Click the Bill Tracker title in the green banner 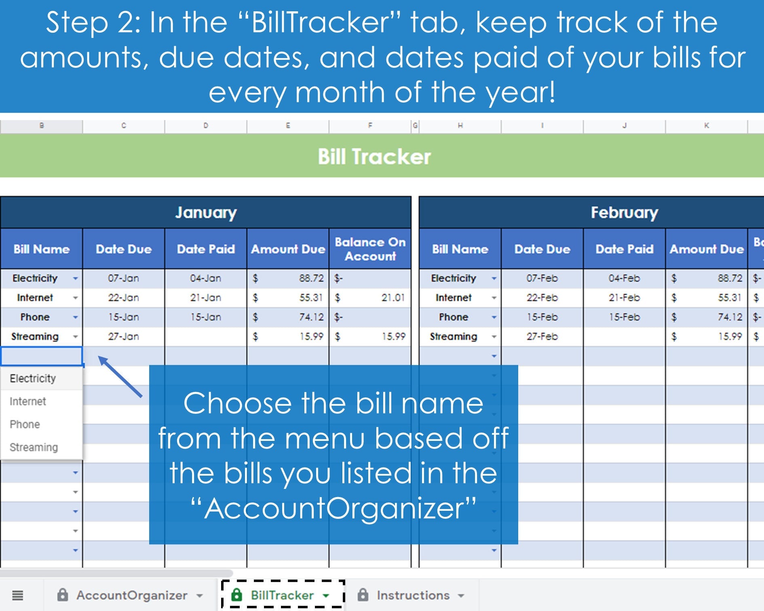click(374, 156)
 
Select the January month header click(206, 212)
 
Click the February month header click(625, 212)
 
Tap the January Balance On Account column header click(370, 249)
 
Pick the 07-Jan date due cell click(123, 278)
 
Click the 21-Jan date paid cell click(206, 297)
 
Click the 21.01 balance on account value click(393, 297)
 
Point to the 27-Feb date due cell click(542, 336)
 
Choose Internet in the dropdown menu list click(28, 401)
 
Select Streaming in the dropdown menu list click(34, 447)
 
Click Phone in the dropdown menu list click(25, 424)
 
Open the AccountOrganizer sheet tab click(131, 595)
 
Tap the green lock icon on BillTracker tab click(236, 595)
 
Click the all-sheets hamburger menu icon click(17, 595)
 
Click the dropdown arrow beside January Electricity click(75, 278)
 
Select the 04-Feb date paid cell click(625, 278)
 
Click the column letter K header click(706, 126)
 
